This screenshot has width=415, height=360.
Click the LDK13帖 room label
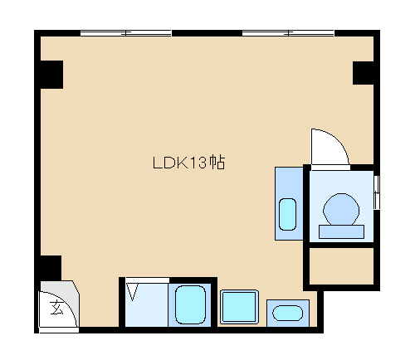pos(189,163)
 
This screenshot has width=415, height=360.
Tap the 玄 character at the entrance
pos(56,308)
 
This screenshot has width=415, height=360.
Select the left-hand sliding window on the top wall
pos(126,33)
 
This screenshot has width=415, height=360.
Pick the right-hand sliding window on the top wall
pos(288,33)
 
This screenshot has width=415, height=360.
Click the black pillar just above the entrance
pos(51,268)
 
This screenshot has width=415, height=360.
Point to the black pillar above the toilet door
pos(363,73)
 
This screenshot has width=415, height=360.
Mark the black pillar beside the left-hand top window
pos(51,75)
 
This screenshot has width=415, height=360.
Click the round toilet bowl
pos(341,209)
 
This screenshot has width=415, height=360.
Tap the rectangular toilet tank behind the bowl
pos(341,231)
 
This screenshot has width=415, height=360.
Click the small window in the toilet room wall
pos(377,192)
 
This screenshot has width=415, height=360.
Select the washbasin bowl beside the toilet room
pos(287,214)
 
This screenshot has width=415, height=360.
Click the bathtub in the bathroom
pos(191,304)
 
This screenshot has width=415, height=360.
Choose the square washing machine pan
pos(239,307)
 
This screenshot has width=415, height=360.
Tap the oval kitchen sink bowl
pos(287,313)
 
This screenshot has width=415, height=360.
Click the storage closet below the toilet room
pos(341,266)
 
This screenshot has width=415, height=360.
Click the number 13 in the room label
pos(198,163)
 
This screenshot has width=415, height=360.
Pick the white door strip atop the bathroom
pos(147,280)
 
